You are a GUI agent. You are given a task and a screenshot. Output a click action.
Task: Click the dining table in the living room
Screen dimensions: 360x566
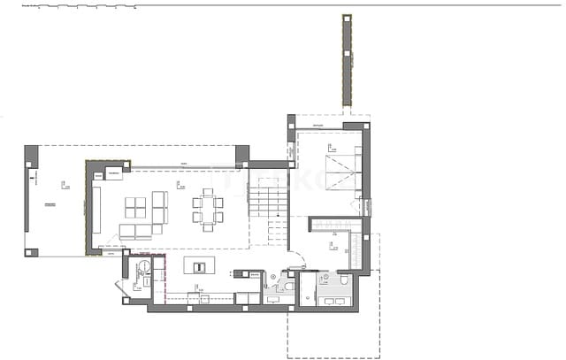(208, 209)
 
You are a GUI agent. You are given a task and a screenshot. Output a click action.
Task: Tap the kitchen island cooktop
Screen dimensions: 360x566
(198, 266)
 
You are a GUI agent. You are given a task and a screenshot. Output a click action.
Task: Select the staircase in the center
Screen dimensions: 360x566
(267, 197)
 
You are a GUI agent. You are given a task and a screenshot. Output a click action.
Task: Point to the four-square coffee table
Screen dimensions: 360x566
(136, 207)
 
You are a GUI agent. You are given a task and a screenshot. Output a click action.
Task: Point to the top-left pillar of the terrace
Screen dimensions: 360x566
(32, 156)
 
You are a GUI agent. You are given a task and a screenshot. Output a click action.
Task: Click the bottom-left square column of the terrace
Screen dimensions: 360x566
(32, 251)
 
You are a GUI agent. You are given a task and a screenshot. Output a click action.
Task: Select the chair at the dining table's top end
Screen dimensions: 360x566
(208, 191)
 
